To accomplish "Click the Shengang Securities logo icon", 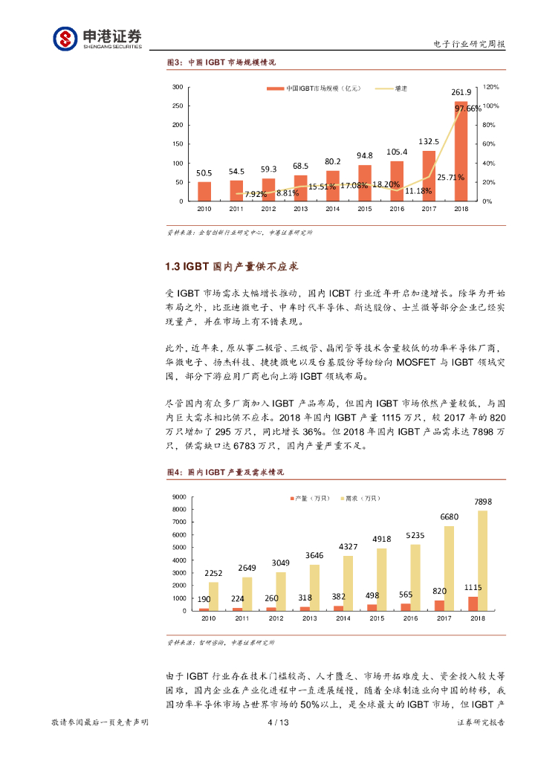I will point(65,37).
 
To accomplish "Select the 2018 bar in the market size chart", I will point(461,151).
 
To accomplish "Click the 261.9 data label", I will point(461,93).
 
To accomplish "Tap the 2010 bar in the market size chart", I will point(204,191).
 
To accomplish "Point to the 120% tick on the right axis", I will point(490,87).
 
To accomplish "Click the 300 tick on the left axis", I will point(178,87).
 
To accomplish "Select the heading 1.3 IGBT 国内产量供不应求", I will point(232,266).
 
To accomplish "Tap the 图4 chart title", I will point(224,473).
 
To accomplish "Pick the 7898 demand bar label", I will point(483,502).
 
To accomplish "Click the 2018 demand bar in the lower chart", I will point(483,560).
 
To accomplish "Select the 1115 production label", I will point(473,587).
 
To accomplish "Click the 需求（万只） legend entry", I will point(362,498).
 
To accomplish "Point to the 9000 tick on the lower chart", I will point(179,496).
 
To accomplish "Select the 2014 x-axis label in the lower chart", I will point(332,618).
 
